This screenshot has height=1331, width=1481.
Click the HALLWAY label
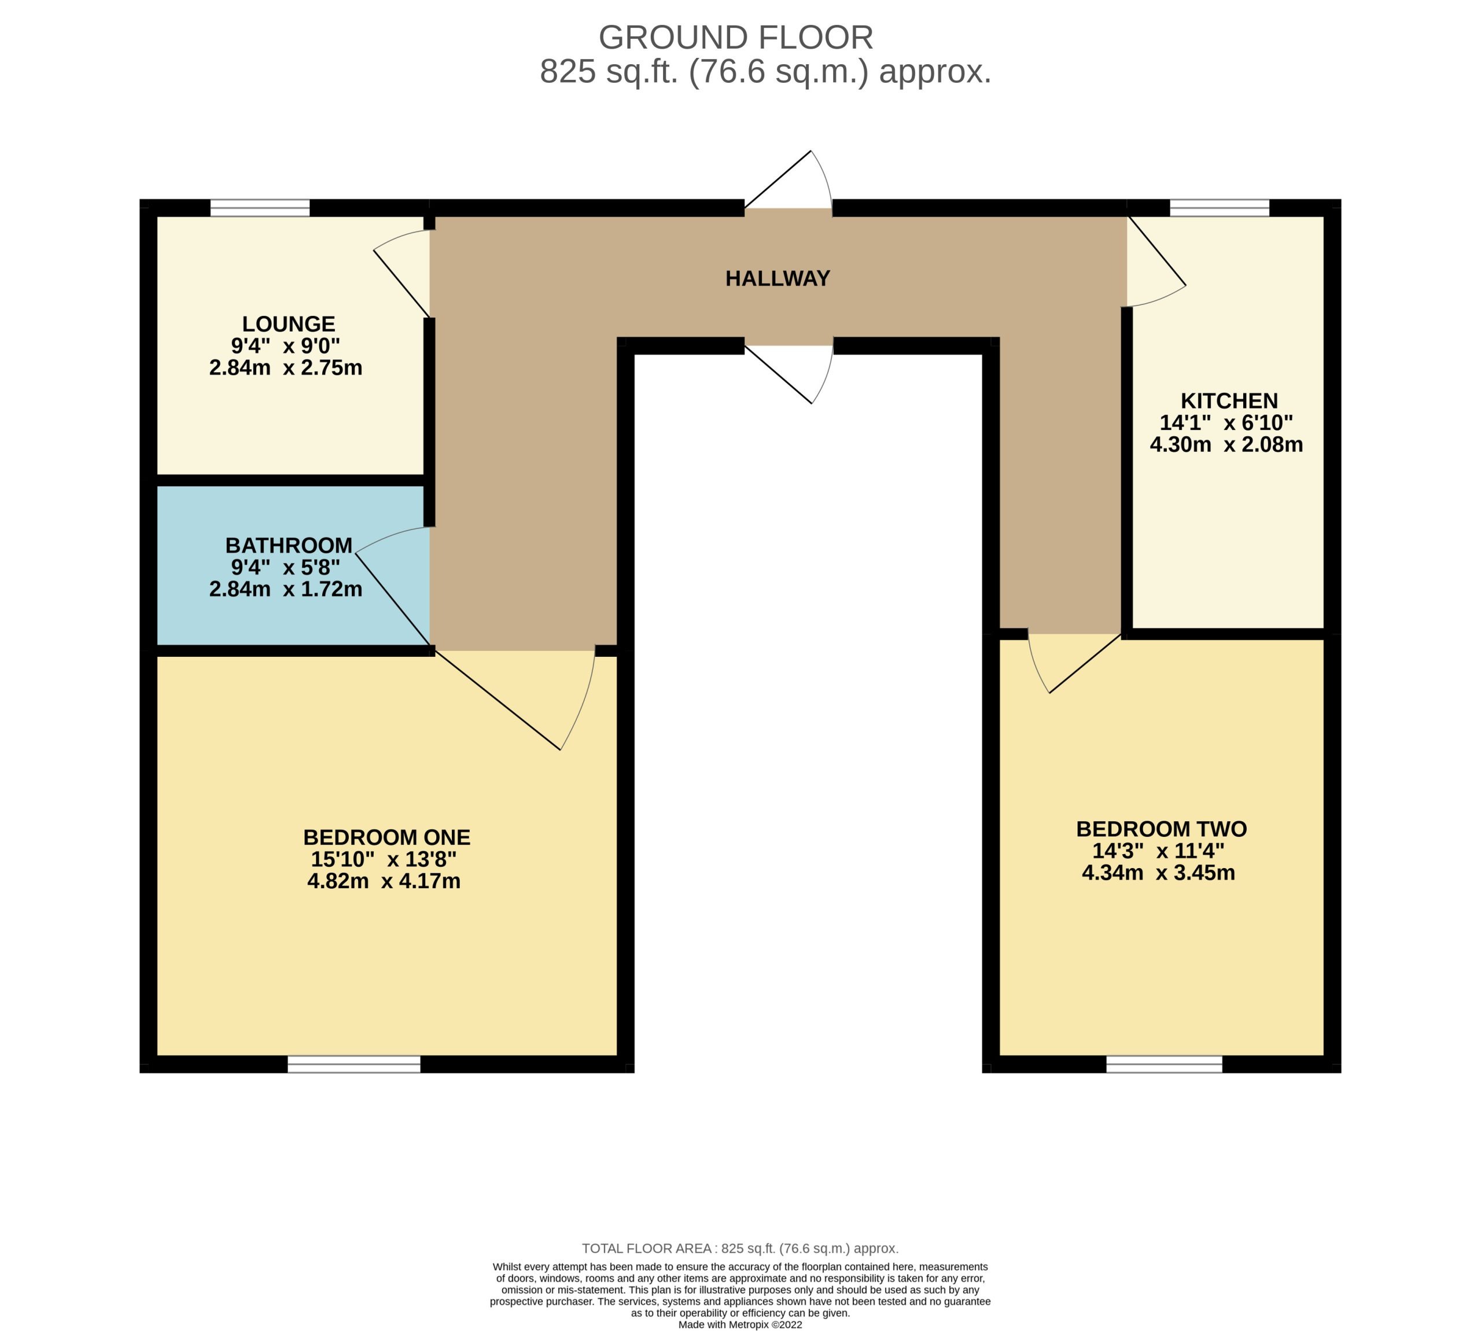click(x=777, y=278)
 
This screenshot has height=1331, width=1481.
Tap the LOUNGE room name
click(x=289, y=324)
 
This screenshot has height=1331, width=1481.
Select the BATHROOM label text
click(x=289, y=546)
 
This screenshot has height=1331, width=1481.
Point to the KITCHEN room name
click(x=1229, y=401)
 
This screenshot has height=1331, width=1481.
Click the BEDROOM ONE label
click(x=386, y=837)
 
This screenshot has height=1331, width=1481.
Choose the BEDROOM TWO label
click(x=1162, y=829)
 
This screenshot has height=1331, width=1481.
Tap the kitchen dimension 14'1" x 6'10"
click(x=1226, y=422)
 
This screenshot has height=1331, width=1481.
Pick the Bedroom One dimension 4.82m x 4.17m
click(x=384, y=881)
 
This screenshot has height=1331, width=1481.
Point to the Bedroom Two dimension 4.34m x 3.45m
click(x=1159, y=873)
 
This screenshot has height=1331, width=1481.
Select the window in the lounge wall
click(x=260, y=208)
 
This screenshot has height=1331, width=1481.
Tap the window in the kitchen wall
click(x=1220, y=208)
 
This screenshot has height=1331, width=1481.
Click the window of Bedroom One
click(x=354, y=1064)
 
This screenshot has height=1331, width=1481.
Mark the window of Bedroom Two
click(x=1164, y=1064)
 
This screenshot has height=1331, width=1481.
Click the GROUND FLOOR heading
click(x=736, y=37)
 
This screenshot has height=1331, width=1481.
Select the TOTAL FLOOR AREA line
click(x=740, y=1249)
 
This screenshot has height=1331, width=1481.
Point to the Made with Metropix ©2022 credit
click(x=740, y=1325)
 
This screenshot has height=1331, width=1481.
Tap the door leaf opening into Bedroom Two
click(x=1085, y=663)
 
